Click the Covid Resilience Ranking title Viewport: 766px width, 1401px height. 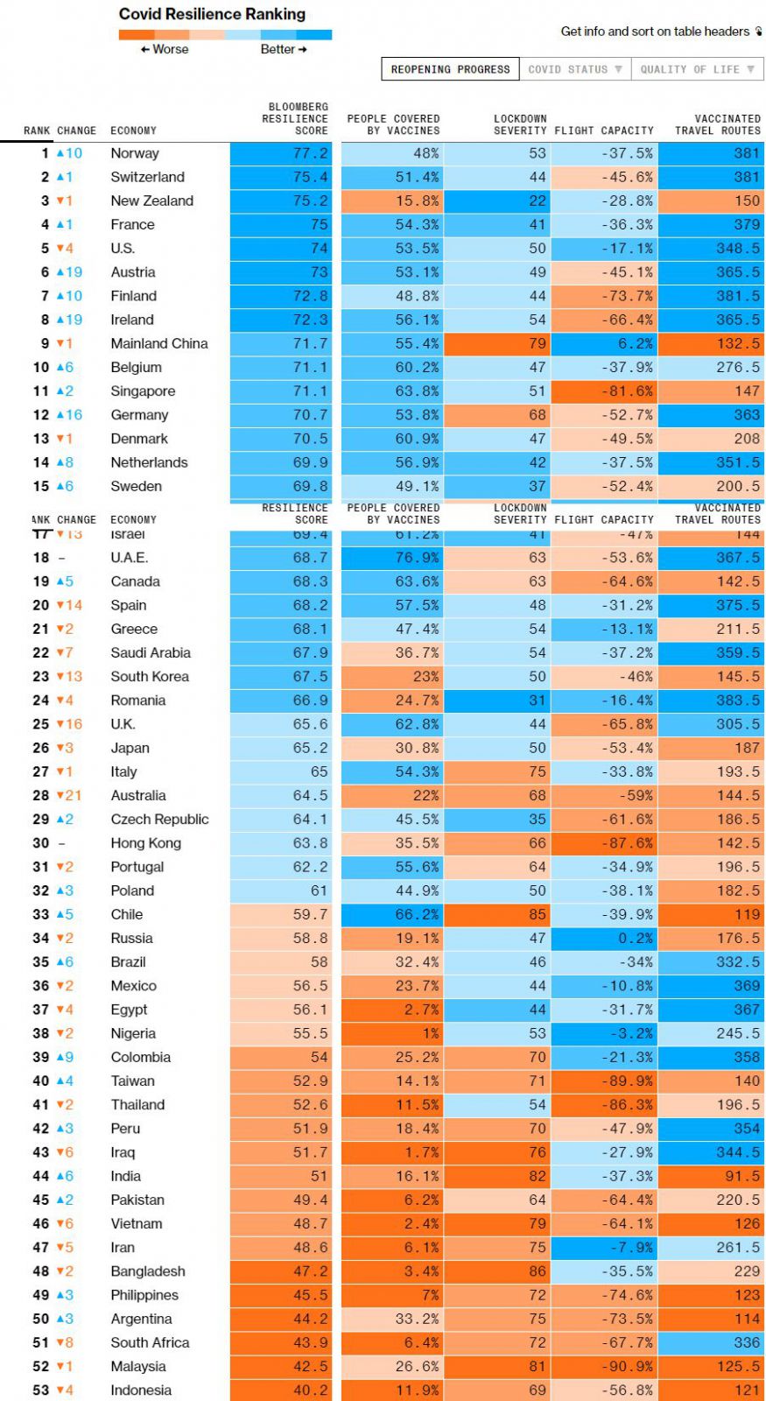212,14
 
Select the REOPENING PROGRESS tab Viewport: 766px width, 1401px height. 450,69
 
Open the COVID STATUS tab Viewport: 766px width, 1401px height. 574,69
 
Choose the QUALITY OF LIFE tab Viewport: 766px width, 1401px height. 696,69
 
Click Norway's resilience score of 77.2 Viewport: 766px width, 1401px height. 311,153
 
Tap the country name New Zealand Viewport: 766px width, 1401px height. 151,201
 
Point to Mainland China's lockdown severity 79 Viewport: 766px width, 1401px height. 537,343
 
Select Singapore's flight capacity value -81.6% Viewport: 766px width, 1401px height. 627,391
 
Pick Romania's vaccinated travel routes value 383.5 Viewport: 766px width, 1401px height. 738,700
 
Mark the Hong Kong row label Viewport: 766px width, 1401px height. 145,843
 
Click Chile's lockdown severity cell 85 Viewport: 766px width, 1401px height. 537,914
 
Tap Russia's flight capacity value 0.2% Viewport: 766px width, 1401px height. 635,938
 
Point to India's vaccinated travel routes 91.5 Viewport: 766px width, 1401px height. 742,1176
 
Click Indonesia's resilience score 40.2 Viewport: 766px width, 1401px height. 311,1390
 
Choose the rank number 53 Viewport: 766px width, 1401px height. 40,1390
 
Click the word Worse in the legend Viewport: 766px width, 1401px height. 170,49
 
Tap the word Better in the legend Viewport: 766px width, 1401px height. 278,49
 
